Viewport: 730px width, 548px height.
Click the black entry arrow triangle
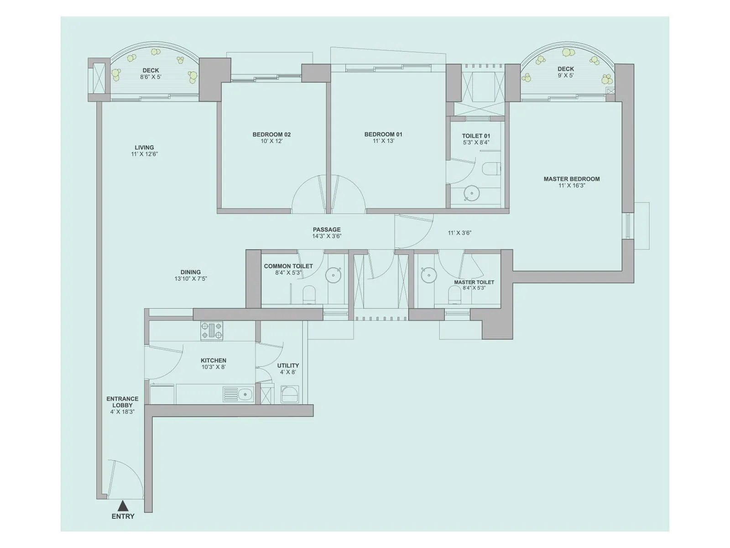tap(123, 506)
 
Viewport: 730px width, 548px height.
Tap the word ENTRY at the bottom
tap(123, 516)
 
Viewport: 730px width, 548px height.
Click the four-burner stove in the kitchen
tap(212, 331)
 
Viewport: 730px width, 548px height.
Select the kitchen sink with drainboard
tap(239, 394)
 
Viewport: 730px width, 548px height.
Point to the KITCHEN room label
tap(214, 360)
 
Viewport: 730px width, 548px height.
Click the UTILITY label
tap(288, 365)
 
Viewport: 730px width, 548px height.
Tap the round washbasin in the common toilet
tap(334, 275)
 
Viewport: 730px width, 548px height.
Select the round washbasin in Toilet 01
tap(472, 194)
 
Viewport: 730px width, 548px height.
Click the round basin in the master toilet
tap(429, 275)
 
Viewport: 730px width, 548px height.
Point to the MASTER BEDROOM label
tap(572, 179)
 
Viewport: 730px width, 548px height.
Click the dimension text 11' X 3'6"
tap(459, 233)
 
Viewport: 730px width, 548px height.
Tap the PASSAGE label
tap(327, 230)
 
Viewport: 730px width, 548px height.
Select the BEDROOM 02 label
tap(271, 134)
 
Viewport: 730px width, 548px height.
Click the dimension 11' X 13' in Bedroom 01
tap(383, 141)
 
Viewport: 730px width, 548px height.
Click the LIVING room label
tap(144, 148)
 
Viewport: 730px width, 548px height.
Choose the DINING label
tap(190, 272)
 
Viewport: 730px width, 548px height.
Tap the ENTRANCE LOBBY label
tap(122, 402)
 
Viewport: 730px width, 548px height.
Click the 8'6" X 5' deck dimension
tap(151, 77)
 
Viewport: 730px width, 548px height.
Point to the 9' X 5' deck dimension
tap(565, 75)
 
